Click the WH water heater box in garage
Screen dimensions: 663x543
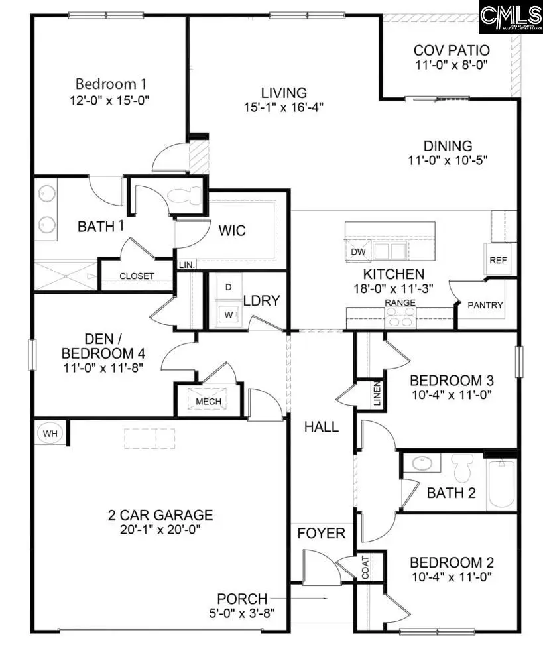coord(50,434)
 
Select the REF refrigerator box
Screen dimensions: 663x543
coord(498,261)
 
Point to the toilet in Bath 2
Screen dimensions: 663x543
coord(461,469)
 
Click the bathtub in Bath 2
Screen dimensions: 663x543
coord(502,484)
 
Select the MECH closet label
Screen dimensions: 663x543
coord(208,402)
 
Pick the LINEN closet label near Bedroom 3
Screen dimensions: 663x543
coord(377,394)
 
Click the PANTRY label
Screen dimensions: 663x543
coord(485,306)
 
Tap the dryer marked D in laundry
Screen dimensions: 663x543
coord(229,288)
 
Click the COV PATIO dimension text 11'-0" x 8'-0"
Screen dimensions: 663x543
coord(452,66)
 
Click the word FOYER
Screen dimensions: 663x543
coord(321,533)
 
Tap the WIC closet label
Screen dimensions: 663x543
coord(232,231)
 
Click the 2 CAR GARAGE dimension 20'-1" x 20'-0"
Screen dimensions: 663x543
coord(160,530)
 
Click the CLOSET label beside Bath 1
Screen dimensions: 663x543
coord(137,276)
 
